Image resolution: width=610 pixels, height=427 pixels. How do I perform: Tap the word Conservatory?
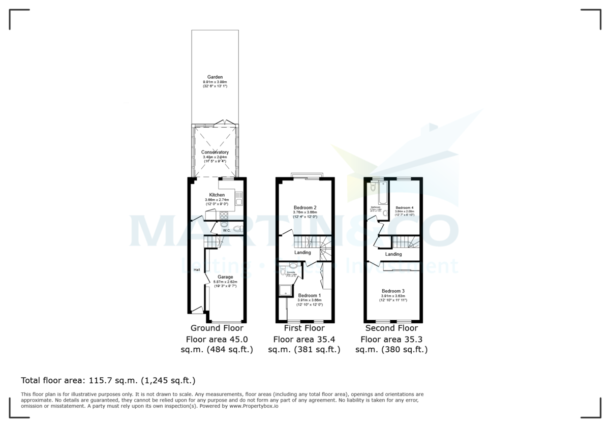pos(215,152)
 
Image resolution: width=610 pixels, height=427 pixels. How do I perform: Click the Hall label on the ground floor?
pos(196,270)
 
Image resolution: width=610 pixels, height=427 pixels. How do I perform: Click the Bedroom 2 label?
pos(305,207)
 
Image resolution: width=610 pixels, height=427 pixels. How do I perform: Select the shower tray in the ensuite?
pos(285,290)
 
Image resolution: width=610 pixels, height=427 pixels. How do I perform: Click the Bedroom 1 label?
pos(309,295)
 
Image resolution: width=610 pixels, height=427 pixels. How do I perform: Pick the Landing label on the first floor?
pos(302,253)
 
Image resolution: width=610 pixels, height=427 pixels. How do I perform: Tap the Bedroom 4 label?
pos(405,207)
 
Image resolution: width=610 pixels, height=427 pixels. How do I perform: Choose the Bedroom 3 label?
pos(393,291)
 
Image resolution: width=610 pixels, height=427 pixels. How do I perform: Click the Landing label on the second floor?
pos(393,254)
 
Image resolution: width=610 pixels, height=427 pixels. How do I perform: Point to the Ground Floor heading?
pos(217,328)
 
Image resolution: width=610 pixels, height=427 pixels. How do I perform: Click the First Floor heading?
pos(304,328)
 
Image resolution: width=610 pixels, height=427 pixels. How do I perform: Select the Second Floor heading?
pos(391,328)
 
